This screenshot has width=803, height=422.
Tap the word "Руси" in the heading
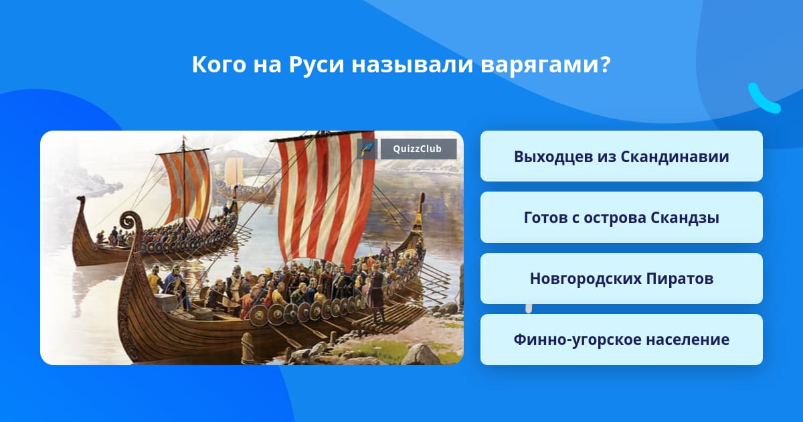(x=317, y=65)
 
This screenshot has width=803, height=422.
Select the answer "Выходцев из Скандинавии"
(x=621, y=156)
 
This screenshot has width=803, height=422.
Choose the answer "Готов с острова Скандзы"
(x=621, y=218)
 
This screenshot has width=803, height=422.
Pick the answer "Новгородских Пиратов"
(x=621, y=279)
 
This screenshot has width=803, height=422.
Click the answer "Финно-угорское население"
(x=621, y=340)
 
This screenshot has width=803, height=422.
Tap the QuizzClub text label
(x=418, y=149)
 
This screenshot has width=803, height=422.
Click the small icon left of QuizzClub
(x=367, y=149)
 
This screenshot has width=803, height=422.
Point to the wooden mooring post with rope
(x=247, y=348)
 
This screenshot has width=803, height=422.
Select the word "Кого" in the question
(x=219, y=64)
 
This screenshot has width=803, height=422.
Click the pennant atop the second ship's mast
(x=185, y=138)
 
